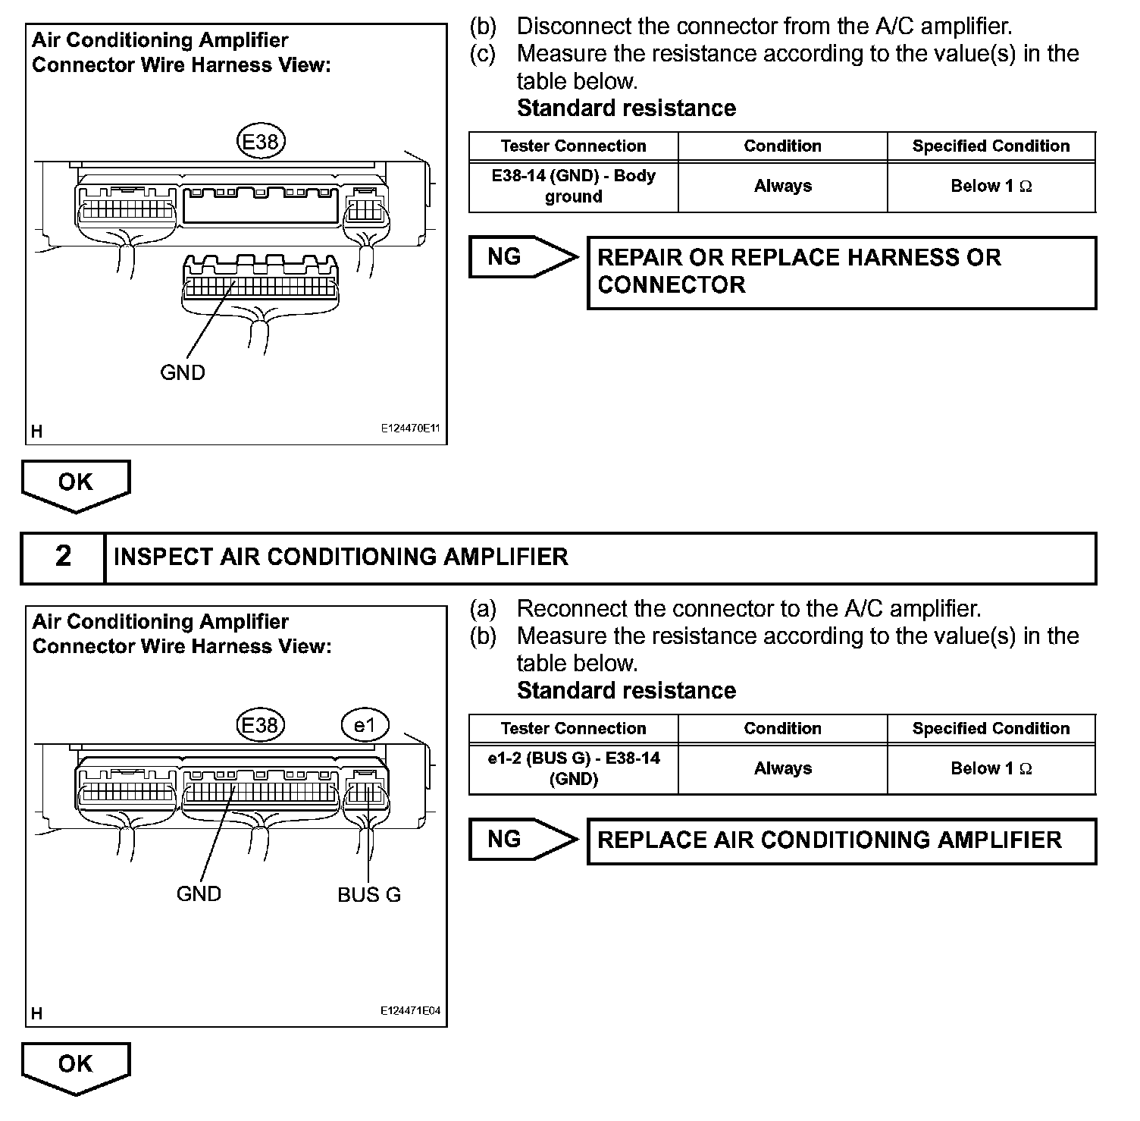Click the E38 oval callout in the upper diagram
pos(260,142)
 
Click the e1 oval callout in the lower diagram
pos(365,725)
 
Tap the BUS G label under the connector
pos(369,894)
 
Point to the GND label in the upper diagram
pos(183,372)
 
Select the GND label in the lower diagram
pos(199,893)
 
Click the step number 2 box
pos(63,557)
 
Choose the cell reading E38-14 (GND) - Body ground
pos(573,187)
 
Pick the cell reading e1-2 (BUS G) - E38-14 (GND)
pos(573,768)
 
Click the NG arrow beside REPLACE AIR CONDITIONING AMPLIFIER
pos(521,840)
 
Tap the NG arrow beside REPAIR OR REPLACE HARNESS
pos(521,257)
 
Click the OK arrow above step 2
pos(75,484)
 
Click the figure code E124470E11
pos(410,429)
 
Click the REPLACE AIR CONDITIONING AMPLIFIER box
pos(841,840)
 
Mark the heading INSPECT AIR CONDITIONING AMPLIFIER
pos(340,557)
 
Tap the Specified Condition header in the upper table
pos(991,146)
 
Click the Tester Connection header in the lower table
pos(573,729)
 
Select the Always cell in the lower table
pos(782,768)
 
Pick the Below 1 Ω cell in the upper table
pos(991,187)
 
